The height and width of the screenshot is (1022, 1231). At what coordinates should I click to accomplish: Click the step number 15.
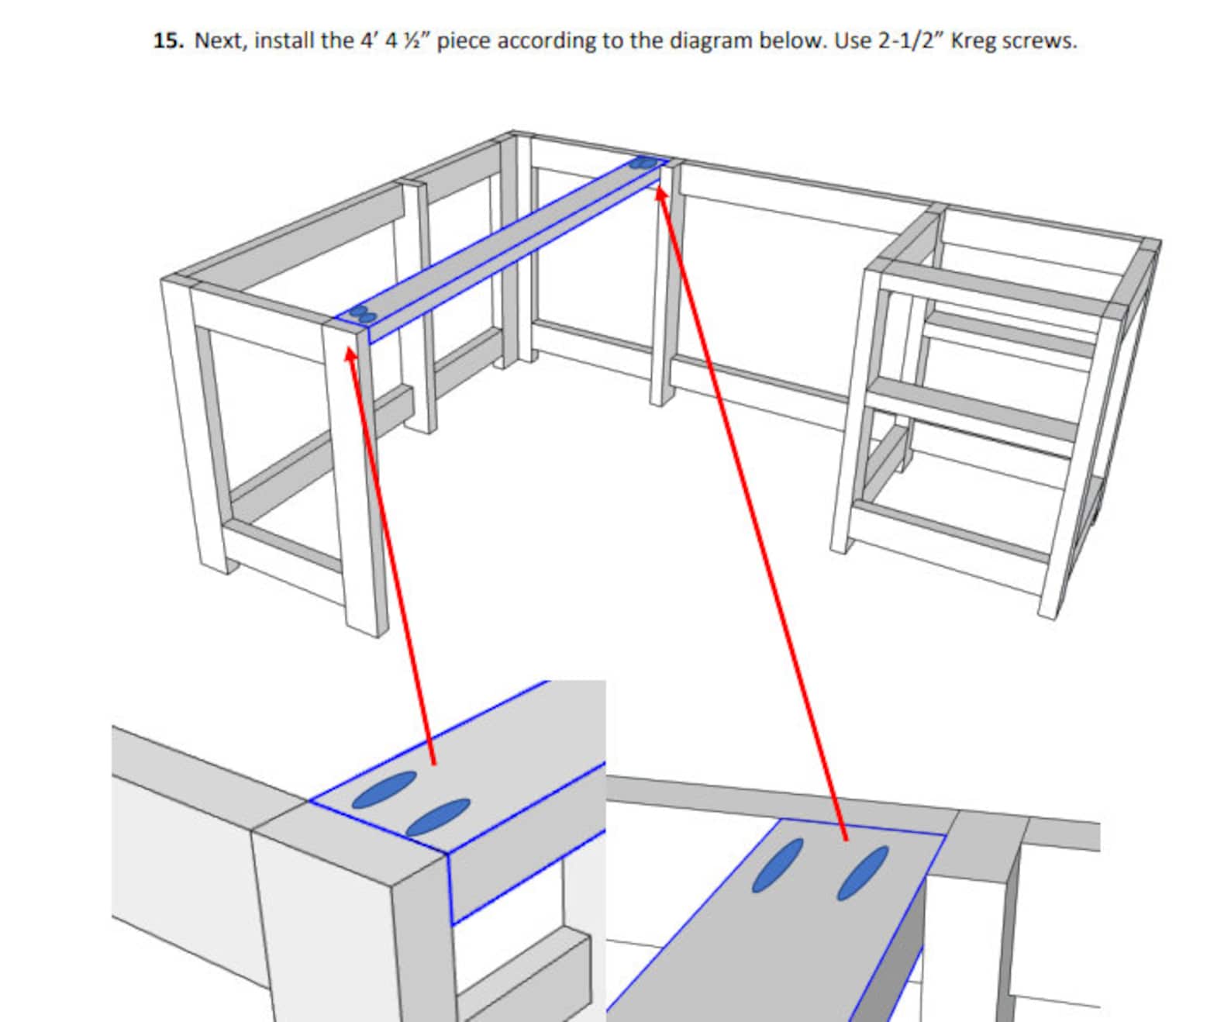tap(168, 40)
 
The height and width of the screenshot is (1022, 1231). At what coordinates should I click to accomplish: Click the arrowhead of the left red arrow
tap(350, 354)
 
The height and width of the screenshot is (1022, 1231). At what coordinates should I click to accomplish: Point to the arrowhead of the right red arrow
tap(660, 191)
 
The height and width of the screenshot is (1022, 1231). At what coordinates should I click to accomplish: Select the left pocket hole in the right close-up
tap(777, 865)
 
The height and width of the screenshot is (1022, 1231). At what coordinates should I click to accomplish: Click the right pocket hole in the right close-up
tap(862, 872)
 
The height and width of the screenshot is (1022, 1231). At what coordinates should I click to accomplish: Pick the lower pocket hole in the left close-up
tap(438, 817)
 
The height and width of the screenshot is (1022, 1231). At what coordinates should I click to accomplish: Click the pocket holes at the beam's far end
tap(643, 163)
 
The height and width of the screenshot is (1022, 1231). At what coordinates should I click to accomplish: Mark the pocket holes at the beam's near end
tap(362, 314)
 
